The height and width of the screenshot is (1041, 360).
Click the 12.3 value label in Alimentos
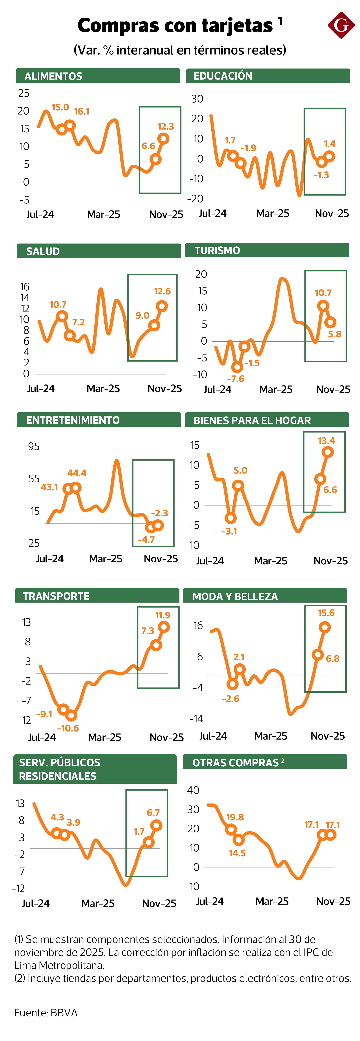coord(166,126)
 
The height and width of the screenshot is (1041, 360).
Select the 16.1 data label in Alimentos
coord(82,112)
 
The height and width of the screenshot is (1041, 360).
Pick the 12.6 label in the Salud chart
coord(162,291)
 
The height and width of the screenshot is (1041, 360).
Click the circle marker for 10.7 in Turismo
coord(322,305)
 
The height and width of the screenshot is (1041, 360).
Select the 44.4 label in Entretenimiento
coord(77,473)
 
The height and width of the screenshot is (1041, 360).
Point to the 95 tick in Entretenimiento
coord(34,447)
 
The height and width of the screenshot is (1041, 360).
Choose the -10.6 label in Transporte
coord(68,728)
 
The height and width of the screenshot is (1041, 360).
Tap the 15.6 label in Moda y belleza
coord(326,613)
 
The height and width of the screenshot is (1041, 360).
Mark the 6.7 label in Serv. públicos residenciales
coord(153,813)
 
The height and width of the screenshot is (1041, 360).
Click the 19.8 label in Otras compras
coord(235,817)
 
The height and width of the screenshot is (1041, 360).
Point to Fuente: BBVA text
coord(46,1013)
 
